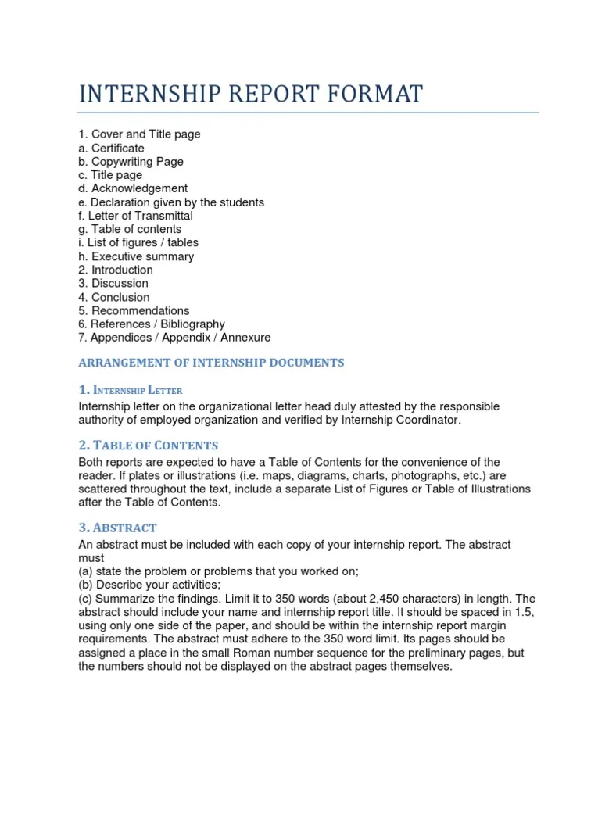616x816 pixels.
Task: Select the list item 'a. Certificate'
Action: (x=112, y=148)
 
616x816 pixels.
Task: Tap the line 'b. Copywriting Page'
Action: (x=131, y=162)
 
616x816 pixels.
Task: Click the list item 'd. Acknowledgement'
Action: (x=133, y=188)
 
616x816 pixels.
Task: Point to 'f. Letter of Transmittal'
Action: (x=136, y=216)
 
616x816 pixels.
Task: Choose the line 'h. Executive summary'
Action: (x=136, y=256)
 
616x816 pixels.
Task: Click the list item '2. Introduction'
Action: (x=116, y=270)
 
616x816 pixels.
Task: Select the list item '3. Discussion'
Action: (x=113, y=283)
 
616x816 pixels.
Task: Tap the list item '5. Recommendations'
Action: (x=134, y=310)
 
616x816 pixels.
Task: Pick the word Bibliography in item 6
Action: (x=192, y=324)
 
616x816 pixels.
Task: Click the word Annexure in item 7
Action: (x=245, y=338)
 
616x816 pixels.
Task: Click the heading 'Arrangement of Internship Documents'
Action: (x=211, y=363)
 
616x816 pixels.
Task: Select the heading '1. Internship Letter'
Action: (x=131, y=389)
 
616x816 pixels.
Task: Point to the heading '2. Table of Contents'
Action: (x=149, y=446)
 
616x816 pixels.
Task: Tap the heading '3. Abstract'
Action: (x=118, y=528)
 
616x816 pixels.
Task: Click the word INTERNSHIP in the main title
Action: (x=148, y=94)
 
